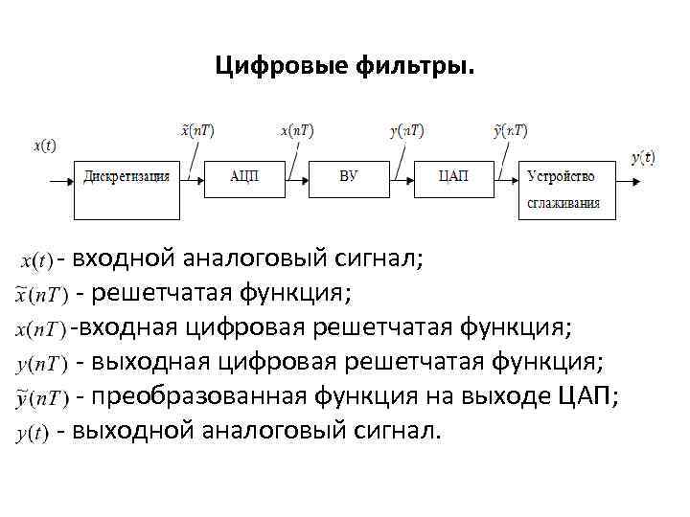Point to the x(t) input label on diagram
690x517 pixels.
44,146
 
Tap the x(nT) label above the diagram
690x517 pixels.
297,130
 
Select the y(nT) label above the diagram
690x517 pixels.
407,130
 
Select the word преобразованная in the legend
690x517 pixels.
195,396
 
